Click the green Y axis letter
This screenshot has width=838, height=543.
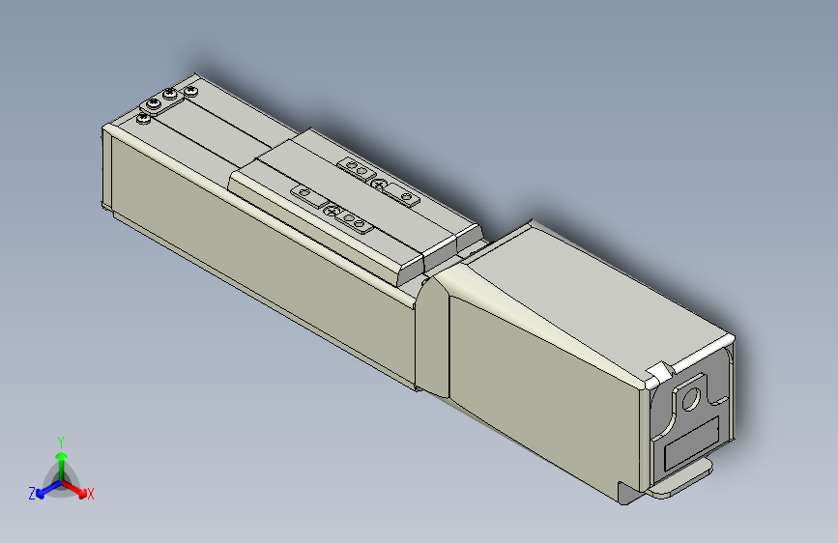(x=61, y=441)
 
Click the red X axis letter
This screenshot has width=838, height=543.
(x=91, y=495)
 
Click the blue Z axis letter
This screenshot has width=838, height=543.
(x=32, y=494)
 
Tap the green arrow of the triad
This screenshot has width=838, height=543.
(x=61, y=458)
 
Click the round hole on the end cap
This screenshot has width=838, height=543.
(x=690, y=398)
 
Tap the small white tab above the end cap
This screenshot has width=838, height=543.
(x=660, y=372)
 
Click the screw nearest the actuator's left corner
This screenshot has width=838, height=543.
(x=144, y=118)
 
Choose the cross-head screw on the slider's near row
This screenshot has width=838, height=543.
(x=332, y=211)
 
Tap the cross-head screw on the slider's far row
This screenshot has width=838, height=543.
(x=379, y=185)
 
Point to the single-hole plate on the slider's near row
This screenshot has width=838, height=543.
(x=306, y=195)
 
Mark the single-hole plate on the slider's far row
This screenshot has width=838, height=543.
(x=405, y=198)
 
